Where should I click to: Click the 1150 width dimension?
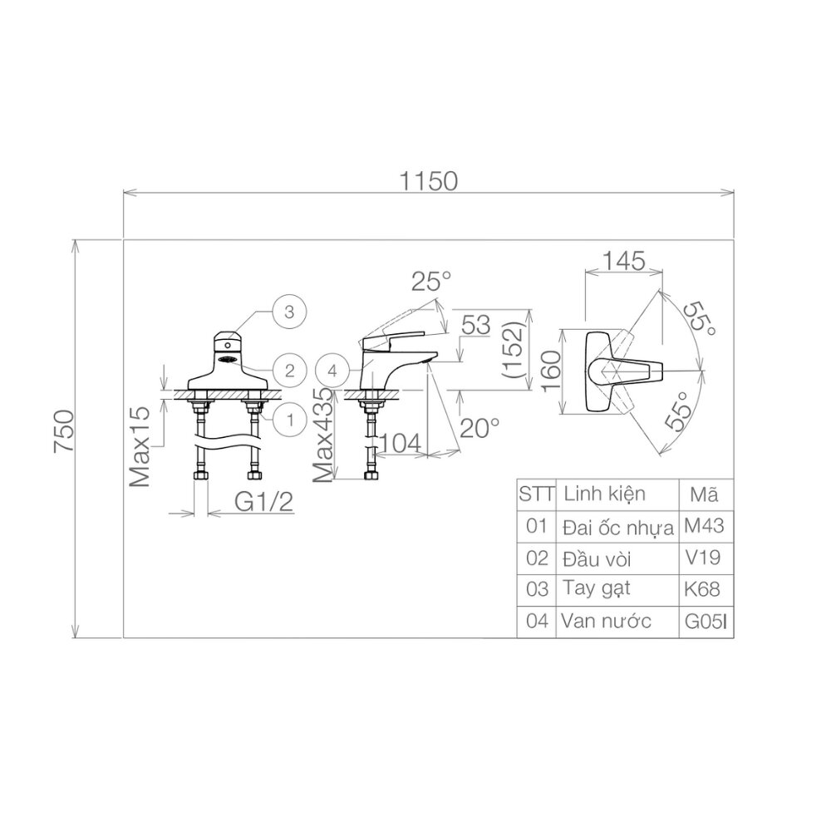tap(428, 180)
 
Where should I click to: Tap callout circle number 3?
tap(289, 312)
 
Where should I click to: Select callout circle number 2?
tap(289, 370)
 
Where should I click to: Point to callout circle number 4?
tap(332, 371)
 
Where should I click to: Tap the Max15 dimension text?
tap(139, 447)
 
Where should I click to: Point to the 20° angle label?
tap(480, 428)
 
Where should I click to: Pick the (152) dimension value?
tap(515, 349)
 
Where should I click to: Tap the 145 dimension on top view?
tap(625, 261)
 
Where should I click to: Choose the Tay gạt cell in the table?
tap(596, 588)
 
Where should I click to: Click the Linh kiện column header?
tap(604, 494)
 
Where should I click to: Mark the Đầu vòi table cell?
tap(597, 557)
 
